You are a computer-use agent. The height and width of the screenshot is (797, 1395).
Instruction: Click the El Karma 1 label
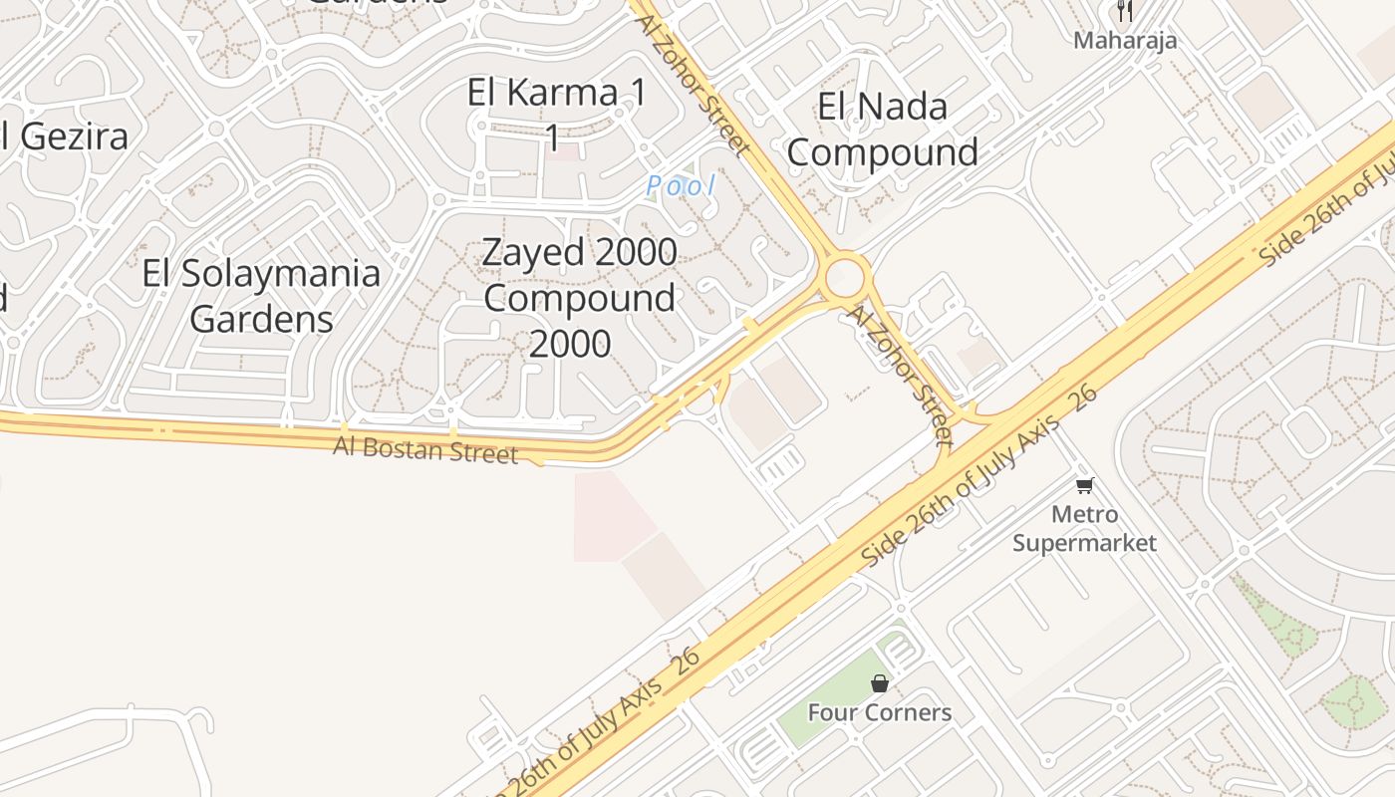[x=556, y=94]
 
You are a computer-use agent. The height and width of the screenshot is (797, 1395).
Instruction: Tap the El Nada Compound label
[x=882, y=130]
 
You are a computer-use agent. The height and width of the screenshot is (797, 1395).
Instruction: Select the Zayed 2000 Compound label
[x=579, y=275]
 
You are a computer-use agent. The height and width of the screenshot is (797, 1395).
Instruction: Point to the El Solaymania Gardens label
[x=261, y=296]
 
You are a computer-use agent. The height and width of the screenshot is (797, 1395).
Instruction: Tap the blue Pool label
[x=681, y=185]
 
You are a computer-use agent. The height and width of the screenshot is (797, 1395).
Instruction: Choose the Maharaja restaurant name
[x=1125, y=41]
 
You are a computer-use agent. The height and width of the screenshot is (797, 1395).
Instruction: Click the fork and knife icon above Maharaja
[x=1125, y=11]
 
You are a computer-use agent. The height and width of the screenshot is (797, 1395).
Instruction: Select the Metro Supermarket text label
[x=1084, y=529]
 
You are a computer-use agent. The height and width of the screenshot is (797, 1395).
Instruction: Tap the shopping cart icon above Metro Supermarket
[x=1084, y=486]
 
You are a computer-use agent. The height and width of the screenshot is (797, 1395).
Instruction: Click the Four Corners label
[x=879, y=713]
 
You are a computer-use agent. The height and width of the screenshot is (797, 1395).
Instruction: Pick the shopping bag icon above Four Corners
[x=879, y=683]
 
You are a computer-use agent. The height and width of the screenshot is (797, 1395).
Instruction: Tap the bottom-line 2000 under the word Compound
[x=569, y=344]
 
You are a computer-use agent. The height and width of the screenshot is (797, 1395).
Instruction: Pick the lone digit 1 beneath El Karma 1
[x=552, y=138]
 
